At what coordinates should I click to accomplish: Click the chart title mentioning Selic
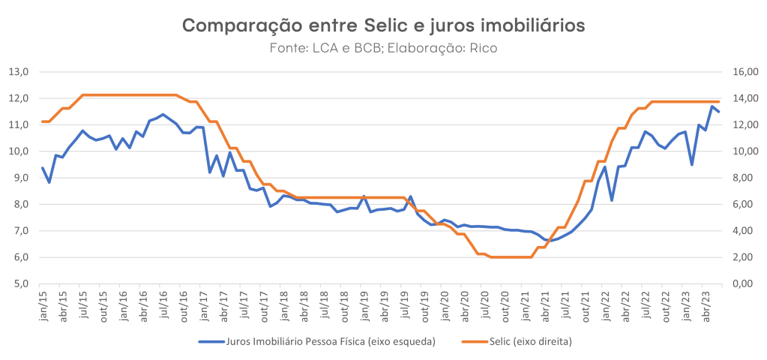pyautogui.click(x=383, y=25)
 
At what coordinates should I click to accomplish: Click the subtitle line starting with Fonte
pyautogui.click(x=383, y=48)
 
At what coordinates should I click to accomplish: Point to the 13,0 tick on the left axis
pyautogui.click(x=18, y=72)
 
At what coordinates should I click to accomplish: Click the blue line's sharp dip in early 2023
pyautogui.click(x=692, y=164)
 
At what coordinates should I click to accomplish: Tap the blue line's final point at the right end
pyautogui.click(x=718, y=112)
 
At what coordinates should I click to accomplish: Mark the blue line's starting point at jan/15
pyautogui.click(x=43, y=168)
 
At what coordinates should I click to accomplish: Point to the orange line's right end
pyautogui.click(x=718, y=101)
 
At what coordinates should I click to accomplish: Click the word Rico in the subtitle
pyautogui.click(x=484, y=48)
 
